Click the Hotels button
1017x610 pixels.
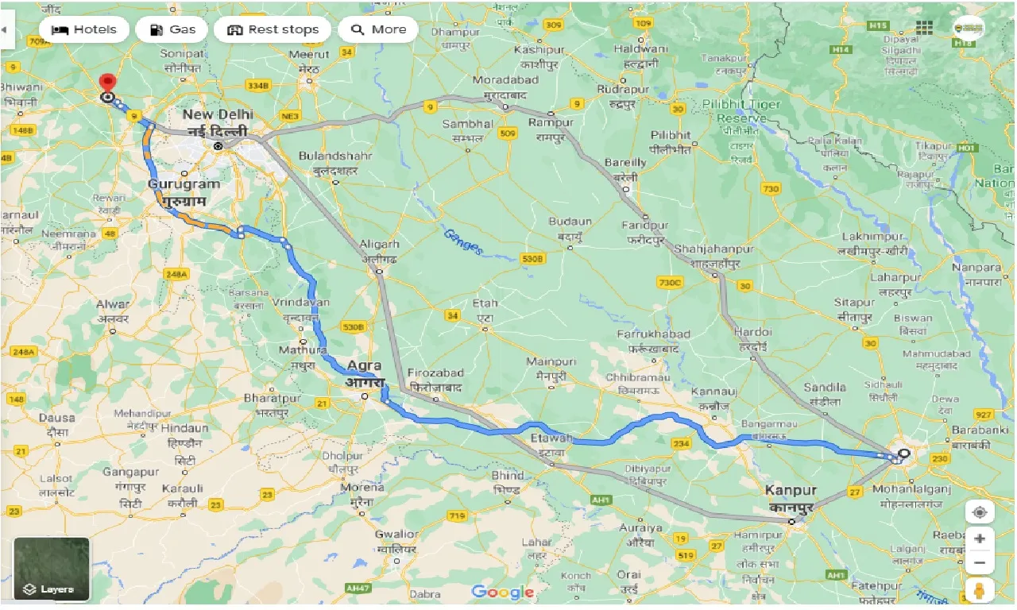click(83, 29)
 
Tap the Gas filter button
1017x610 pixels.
click(171, 29)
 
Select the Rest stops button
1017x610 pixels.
click(273, 29)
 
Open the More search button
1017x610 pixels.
click(378, 29)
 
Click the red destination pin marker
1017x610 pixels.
click(106, 83)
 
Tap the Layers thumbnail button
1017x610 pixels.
click(52, 569)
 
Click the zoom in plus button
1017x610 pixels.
click(980, 539)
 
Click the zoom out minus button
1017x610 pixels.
click(980, 564)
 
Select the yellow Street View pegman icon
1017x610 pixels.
click(980, 592)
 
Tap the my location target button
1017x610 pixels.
click(980, 512)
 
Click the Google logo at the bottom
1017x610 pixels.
click(502, 592)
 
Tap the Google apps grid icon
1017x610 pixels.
click(924, 28)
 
